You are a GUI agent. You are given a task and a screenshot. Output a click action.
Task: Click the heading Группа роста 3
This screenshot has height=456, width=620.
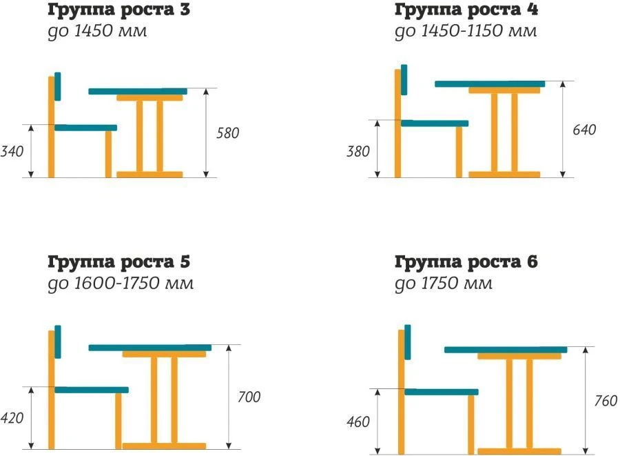click(118, 10)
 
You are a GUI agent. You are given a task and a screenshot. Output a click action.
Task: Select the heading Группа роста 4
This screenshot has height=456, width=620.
click(466, 10)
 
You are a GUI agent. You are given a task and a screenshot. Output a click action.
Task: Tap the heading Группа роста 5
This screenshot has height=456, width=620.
click(118, 262)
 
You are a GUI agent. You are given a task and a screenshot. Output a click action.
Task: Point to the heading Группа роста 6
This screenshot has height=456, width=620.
click(466, 262)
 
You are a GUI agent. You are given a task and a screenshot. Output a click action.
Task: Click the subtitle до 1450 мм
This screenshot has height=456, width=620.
click(96, 32)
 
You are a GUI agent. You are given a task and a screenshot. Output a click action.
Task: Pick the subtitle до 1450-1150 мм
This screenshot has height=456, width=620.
click(466, 32)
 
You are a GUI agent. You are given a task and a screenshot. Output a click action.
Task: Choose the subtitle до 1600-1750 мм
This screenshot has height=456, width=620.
click(121, 284)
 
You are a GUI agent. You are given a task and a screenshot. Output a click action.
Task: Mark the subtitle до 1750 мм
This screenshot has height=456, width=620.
click(444, 284)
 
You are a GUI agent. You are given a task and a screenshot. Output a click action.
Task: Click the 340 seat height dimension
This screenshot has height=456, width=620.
click(13, 150)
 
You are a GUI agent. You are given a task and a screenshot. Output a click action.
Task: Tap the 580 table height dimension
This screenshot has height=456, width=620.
click(228, 133)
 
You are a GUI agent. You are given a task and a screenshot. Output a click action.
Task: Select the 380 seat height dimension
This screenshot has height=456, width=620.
click(358, 151)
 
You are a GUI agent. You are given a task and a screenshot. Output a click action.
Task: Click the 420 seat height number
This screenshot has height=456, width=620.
click(13, 419)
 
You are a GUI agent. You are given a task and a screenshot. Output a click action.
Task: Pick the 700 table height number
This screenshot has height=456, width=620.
click(249, 397)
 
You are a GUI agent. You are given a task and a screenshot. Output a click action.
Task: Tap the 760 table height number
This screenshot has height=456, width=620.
click(605, 401)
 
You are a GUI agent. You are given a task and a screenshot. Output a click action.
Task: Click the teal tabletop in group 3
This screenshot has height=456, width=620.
click(138, 91)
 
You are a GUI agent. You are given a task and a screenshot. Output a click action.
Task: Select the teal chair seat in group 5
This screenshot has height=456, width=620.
click(91, 390)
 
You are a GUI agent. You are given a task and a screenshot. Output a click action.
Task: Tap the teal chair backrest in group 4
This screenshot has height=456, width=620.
click(404, 80)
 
